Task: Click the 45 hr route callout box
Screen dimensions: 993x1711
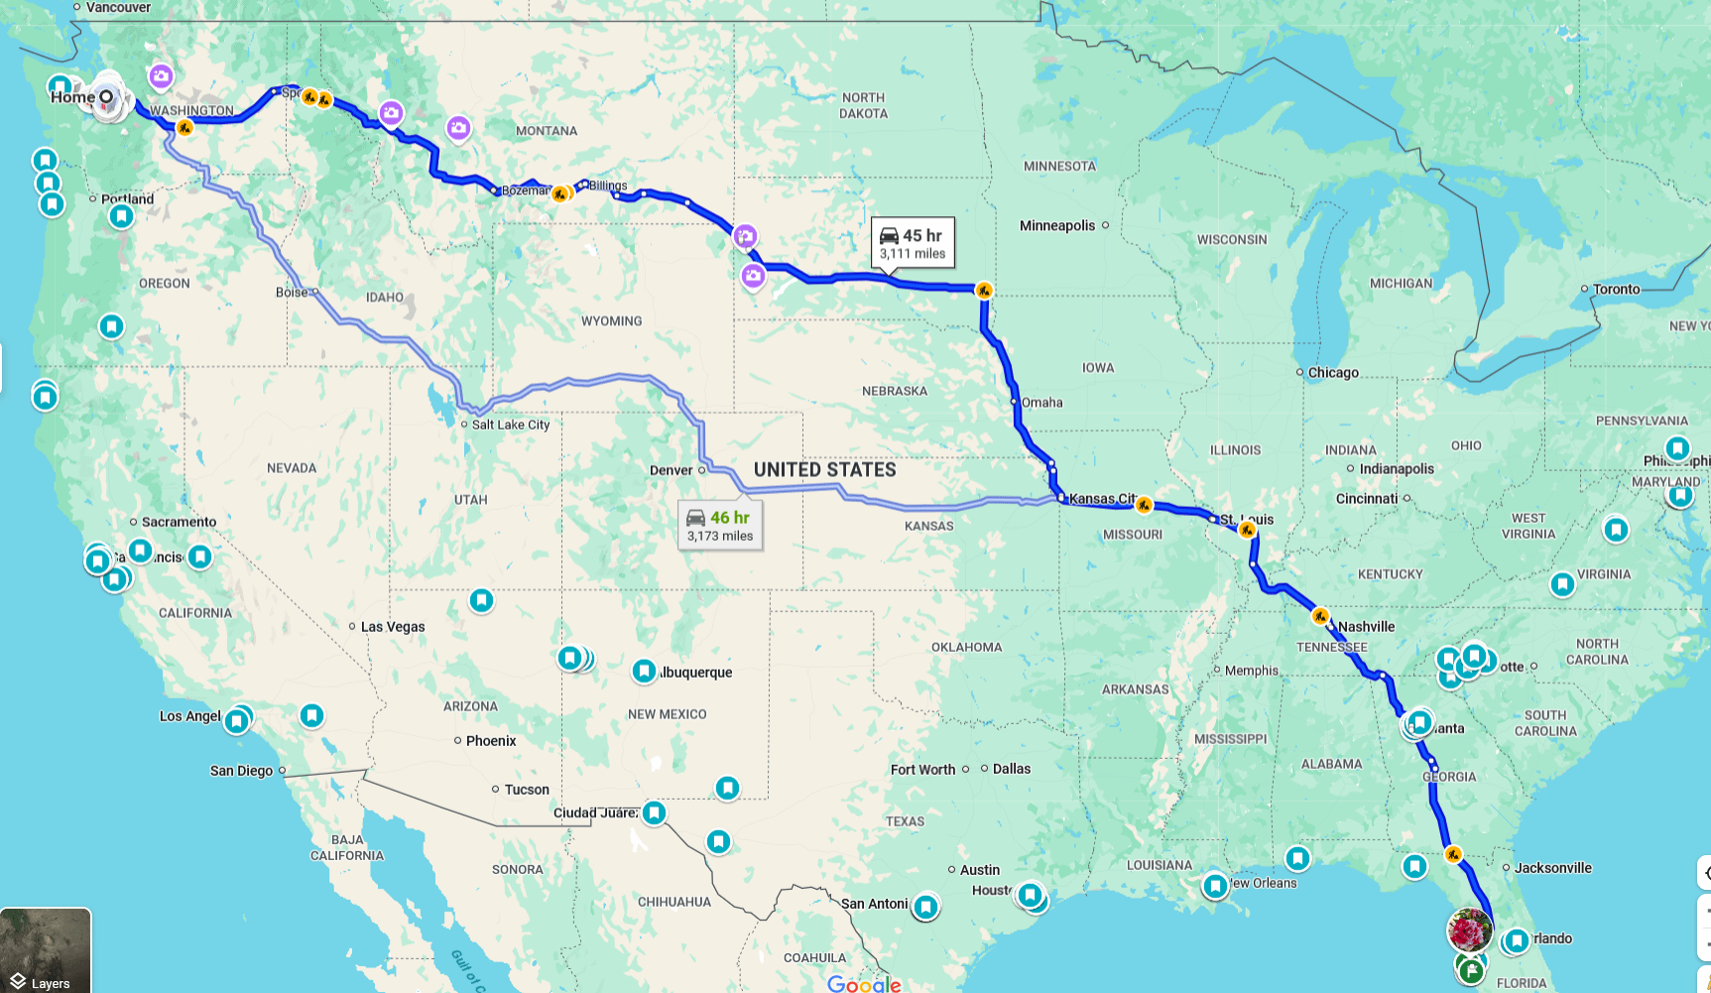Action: [x=913, y=243]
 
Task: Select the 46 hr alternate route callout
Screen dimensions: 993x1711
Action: [x=720, y=526]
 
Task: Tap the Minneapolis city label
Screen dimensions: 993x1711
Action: [x=1057, y=226]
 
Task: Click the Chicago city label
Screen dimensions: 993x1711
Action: [x=1333, y=373]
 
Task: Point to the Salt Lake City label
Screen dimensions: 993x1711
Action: [x=510, y=425]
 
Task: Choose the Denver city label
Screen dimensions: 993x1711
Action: [x=672, y=470]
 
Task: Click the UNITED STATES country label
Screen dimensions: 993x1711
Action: [x=824, y=470]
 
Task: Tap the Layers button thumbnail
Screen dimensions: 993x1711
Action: [x=46, y=950]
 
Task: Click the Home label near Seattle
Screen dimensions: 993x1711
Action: [x=72, y=97]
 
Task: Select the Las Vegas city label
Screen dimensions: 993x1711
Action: [x=393, y=627]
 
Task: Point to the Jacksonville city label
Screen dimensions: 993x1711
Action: [x=1552, y=868]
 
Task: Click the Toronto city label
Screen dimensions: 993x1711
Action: [x=1616, y=290]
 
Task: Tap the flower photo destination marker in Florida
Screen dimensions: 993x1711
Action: [x=1469, y=931]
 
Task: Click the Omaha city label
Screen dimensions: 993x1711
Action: [x=1041, y=403]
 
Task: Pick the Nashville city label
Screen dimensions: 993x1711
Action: [x=1366, y=627]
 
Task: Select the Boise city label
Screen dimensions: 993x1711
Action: [x=292, y=293]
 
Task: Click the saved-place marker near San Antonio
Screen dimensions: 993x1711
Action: [x=925, y=906]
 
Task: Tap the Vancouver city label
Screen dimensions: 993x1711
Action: [x=118, y=8]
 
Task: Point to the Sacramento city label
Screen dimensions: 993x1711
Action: [x=179, y=522]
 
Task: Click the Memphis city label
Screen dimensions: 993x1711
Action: [x=1252, y=671]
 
